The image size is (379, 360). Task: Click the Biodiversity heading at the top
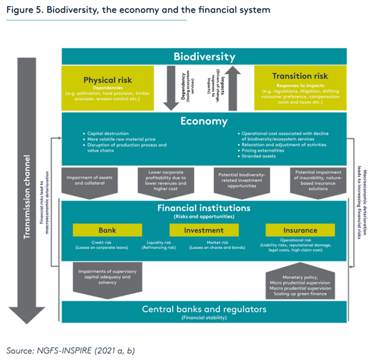click(x=205, y=56)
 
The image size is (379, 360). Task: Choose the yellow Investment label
click(x=203, y=230)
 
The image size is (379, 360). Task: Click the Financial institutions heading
click(x=205, y=208)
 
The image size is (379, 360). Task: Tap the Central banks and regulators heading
click(x=204, y=309)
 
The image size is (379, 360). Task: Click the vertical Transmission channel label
click(x=27, y=170)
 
